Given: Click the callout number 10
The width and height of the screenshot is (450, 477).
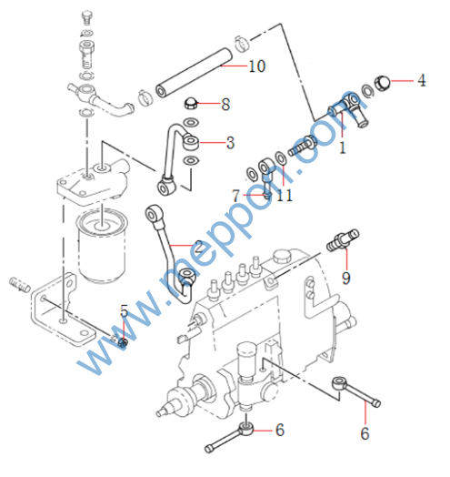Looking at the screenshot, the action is coord(256,66).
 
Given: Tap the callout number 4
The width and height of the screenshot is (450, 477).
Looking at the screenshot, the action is coord(422,80).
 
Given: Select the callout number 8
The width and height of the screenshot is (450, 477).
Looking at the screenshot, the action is coord(225,105).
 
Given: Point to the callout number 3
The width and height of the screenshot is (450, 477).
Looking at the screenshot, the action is coord(231,142).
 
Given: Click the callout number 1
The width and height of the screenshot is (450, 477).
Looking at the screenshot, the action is coord(343,147).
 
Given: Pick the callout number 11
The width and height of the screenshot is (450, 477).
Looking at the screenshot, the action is coord(285,195).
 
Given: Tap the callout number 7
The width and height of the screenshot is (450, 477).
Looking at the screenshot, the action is coord(235,196).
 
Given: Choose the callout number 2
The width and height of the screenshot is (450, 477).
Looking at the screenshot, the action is coord(198,247).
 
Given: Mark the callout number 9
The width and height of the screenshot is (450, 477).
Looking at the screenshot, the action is coord(346,278).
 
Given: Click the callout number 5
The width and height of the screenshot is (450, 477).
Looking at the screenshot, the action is coord(124,311).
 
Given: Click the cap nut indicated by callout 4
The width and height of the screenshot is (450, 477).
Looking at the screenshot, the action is coord(382,83).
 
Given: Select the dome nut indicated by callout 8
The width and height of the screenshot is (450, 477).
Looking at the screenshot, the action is coord(191,103).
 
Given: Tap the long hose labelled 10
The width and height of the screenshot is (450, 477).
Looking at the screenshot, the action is coord(194,73).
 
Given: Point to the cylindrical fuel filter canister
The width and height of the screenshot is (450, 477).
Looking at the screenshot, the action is coord(102,245).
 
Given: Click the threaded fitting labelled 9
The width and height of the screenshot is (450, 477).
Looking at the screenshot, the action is coord(343,240).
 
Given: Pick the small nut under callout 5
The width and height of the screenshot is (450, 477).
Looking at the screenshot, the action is coord(124,342).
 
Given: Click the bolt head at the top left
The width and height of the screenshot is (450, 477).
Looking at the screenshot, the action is coord(87,17).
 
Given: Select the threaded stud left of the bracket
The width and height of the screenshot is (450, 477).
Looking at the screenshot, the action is coord(19,285).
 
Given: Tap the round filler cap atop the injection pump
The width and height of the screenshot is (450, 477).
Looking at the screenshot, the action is coord(283,256).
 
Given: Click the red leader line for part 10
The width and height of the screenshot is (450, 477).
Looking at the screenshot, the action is coord(235,66).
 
